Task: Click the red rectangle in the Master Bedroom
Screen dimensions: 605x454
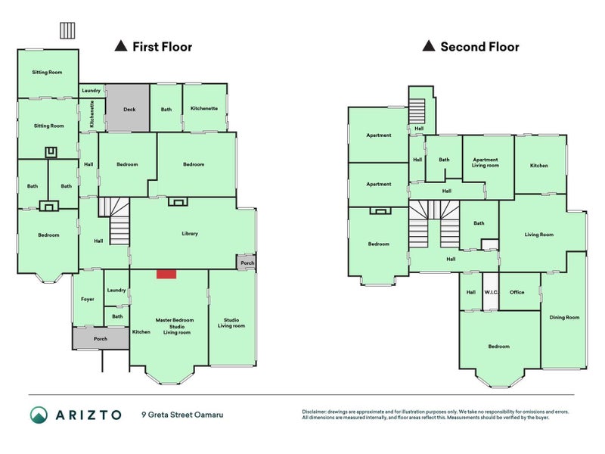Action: [x=166, y=274]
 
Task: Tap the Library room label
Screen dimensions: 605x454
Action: [x=190, y=234]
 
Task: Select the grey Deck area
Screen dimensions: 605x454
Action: [x=128, y=108]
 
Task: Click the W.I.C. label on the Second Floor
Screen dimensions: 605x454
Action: [x=491, y=292]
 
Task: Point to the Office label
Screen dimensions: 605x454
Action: [x=517, y=292]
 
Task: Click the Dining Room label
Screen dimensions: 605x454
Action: [x=564, y=317]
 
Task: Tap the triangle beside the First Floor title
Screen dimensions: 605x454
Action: [x=121, y=46]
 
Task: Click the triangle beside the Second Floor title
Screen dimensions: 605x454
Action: [x=429, y=46]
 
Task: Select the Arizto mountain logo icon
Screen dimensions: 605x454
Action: [x=39, y=415]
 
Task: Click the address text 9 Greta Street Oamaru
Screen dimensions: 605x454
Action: [x=182, y=415]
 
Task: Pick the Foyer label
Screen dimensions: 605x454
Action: [x=88, y=299]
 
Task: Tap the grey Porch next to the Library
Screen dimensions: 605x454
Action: [x=247, y=263]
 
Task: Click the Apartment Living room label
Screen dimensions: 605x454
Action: [x=486, y=163]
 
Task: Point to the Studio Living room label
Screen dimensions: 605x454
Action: [x=231, y=323]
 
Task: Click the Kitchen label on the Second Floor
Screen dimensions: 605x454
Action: [x=539, y=166]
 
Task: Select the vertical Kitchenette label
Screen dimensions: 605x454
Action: [x=92, y=114]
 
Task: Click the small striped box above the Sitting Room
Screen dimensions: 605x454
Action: [x=67, y=30]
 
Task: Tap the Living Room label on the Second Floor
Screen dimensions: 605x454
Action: [x=539, y=235]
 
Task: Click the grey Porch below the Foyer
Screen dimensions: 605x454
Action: [x=101, y=338]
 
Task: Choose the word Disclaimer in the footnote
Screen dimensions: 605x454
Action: [x=314, y=412]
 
